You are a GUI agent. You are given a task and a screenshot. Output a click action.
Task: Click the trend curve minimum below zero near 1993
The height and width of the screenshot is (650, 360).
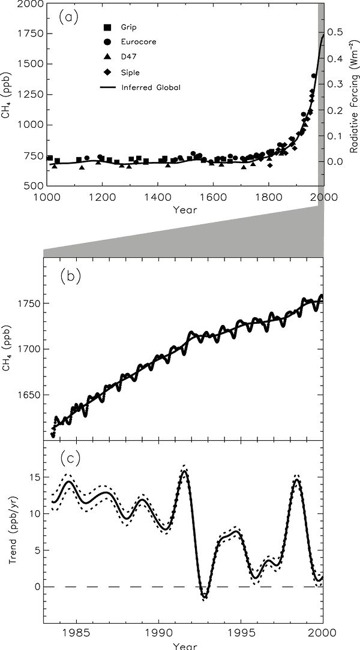(204, 597)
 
